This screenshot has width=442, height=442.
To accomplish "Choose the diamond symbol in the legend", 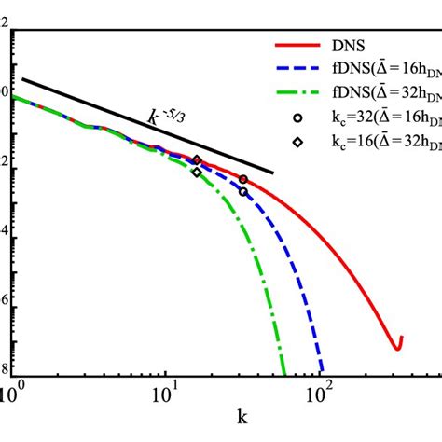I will point(297,143).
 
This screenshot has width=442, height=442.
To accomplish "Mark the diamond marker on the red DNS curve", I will point(197,160).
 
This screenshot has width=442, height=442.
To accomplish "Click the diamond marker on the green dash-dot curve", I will point(197,173).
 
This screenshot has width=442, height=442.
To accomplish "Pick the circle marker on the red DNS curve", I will point(243,179).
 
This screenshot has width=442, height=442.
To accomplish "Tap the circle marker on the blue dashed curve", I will point(243,192).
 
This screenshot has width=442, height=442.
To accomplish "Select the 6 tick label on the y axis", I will point(5,304).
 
